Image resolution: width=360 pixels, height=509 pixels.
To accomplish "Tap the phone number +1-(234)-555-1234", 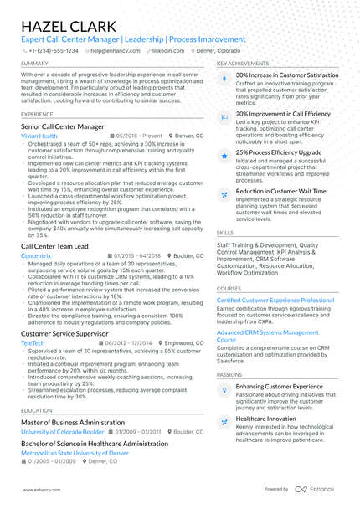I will tap(54, 50).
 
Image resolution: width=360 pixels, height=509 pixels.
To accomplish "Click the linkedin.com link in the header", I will tap(167, 50).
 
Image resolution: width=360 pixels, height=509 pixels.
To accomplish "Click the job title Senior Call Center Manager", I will tap(63, 126).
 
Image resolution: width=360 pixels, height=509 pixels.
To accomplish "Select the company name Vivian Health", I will tap(39, 136).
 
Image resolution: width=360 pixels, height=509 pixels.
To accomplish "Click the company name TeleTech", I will tap(33, 343).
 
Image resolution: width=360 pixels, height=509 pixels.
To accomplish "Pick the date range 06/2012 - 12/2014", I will tap(127, 343).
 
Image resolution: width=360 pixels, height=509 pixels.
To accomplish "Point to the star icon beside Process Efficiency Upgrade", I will tap(224, 156).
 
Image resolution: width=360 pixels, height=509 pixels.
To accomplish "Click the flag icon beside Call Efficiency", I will tap(224, 117).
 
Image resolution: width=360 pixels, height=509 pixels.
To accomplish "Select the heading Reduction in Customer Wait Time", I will tap(280, 191).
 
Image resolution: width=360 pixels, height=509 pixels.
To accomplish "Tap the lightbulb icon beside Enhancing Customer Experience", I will tap(224, 390).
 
